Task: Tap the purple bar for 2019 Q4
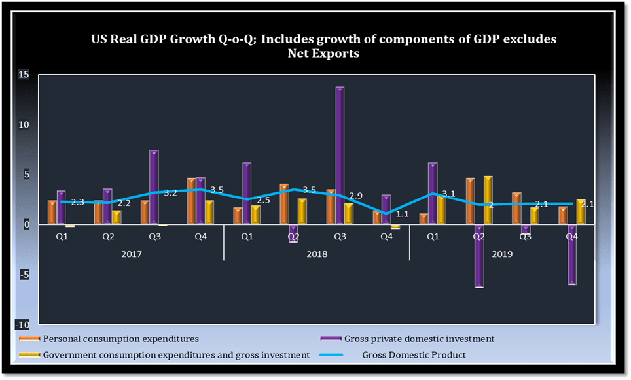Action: tap(572, 255)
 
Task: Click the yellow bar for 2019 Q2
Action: tap(488, 200)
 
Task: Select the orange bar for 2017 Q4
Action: tap(191, 201)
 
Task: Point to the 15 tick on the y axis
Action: tap(24, 75)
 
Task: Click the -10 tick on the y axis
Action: tap(22, 325)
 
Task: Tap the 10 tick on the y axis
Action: tap(24, 125)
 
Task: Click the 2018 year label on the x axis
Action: tap(316, 253)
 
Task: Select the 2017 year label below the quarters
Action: tap(131, 253)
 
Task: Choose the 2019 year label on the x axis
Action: tap(501, 253)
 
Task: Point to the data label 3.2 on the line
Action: tap(170, 193)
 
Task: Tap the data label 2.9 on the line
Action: tap(356, 196)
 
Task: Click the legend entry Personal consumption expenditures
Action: tap(120, 339)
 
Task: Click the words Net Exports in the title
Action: tap(323, 54)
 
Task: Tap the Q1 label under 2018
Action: tap(247, 237)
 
